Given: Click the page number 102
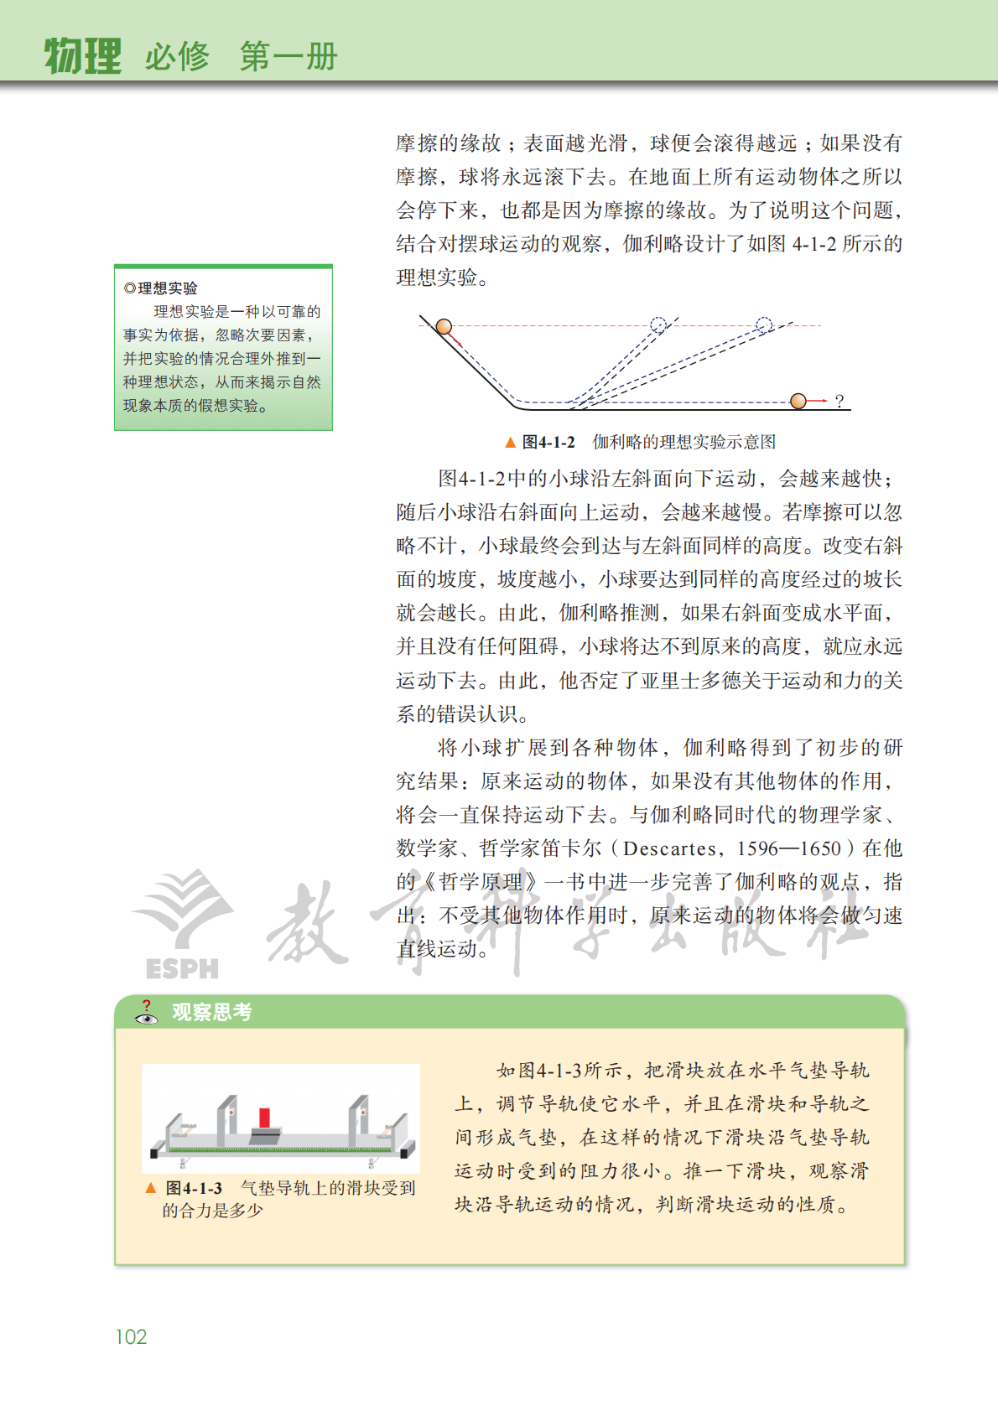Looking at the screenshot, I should point(131,1336).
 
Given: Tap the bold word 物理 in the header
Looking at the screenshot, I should point(82,56).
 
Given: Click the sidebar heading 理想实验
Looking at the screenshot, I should point(167,288).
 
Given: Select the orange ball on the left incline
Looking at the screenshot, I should point(444,326).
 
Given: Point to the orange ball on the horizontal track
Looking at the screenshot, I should point(798,401).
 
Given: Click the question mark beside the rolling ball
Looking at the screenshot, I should point(839,402).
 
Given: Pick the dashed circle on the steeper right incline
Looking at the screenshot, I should point(658,324).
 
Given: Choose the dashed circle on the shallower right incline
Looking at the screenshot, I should point(764,324).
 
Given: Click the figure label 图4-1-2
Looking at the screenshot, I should point(548,442).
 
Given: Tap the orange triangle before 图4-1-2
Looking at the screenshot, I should point(510,442).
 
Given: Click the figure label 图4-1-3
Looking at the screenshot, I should point(194,1188).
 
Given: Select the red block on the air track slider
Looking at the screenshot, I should point(264,1118).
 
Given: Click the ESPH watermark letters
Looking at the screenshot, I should point(182,969).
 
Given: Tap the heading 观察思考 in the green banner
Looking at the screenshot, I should point(211,1012).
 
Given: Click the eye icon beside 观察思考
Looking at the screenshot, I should point(147,1017).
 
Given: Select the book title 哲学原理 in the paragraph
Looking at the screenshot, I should point(481,882).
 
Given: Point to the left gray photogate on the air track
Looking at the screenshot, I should point(226,1118).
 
